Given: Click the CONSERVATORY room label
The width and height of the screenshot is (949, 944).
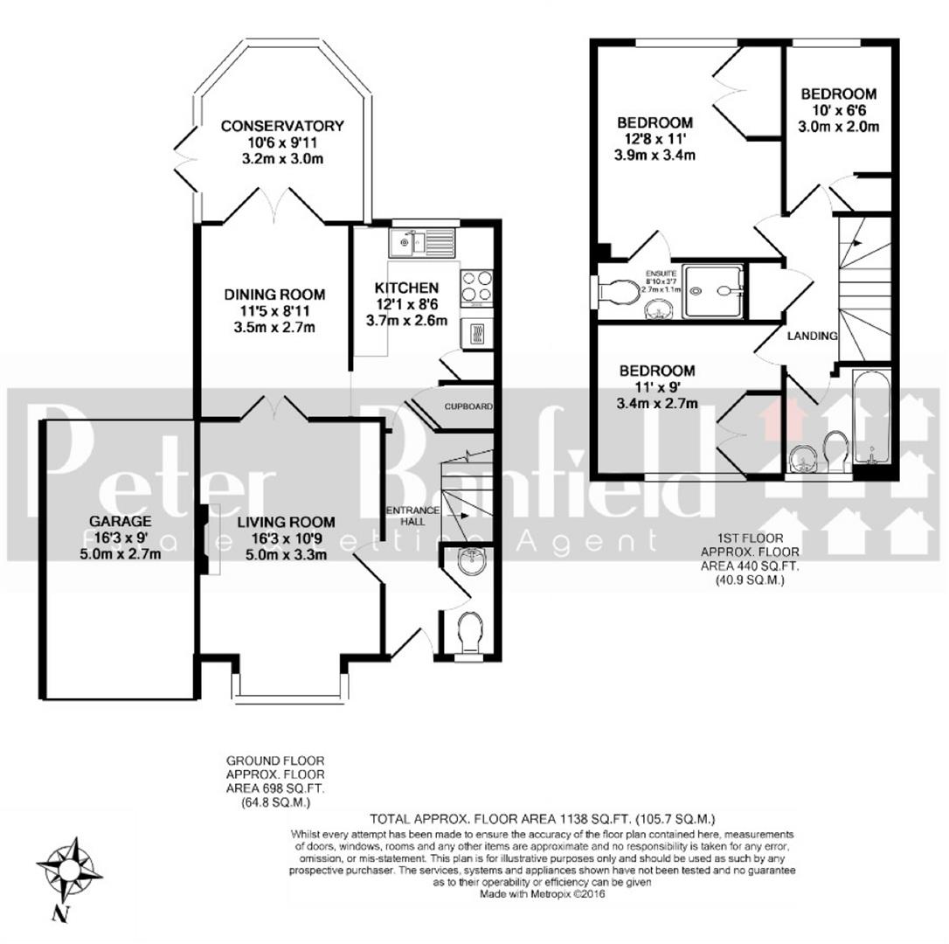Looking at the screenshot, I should point(281,126).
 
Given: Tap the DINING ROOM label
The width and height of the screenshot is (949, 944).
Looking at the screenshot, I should point(274,295).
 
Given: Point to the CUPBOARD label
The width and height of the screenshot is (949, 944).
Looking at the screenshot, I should point(468,406).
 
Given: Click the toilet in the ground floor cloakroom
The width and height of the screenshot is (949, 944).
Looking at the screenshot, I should point(469,630).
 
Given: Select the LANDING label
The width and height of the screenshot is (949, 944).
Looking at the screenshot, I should point(812,336).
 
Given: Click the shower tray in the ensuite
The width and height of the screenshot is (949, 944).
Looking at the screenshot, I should point(713,290).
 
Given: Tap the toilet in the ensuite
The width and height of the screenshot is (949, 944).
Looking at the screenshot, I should point(617,292).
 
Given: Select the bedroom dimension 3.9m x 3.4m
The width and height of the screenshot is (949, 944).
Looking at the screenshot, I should point(655,156).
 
